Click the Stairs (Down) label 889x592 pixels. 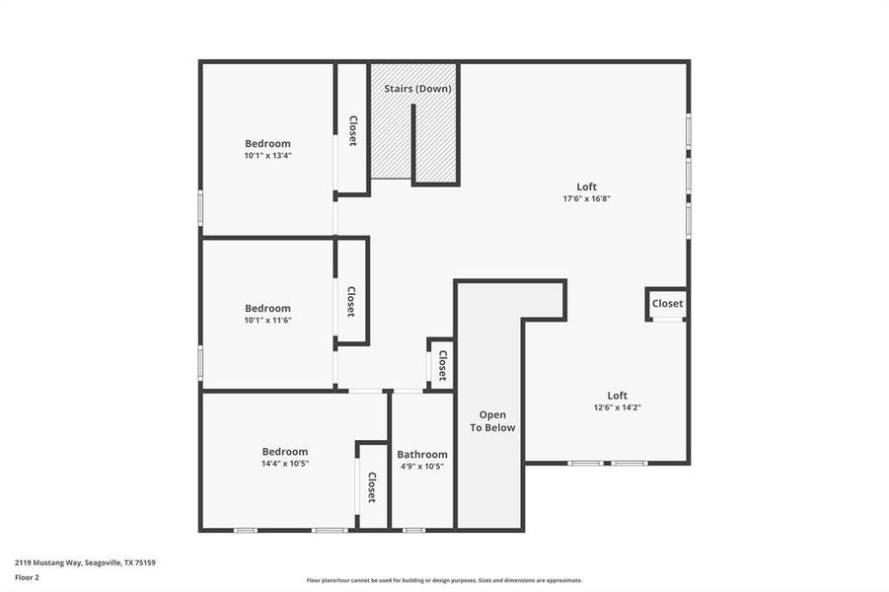[417, 89]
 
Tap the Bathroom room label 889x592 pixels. [422, 455]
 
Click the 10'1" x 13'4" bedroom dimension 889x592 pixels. [267, 156]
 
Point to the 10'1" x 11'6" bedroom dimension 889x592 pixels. [267, 320]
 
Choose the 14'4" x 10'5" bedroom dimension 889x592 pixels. [284, 464]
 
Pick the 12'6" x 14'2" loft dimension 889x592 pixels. [617, 407]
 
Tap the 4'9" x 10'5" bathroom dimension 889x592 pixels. [422, 467]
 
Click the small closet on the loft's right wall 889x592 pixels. [667, 304]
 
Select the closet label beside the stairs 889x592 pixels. [352, 131]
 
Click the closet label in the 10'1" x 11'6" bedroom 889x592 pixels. [350, 301]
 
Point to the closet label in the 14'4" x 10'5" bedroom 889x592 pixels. [372, 487]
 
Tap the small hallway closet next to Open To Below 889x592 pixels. [442, 365]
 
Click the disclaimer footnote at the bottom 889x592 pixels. [444, 580]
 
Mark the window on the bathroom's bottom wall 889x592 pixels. [414, 531]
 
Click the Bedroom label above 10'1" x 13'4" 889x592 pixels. [267, 143]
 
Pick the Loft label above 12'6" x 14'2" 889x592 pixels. [617, 396]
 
